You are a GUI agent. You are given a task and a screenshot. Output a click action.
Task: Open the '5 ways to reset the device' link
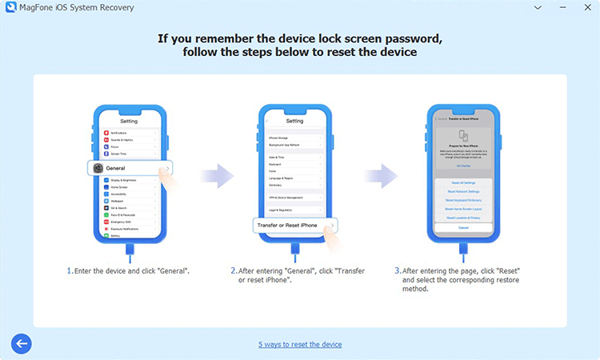tap(300, 344)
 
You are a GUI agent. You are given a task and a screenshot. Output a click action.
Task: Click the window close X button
tap(585, 8)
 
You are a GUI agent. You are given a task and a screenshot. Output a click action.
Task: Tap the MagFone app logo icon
tap(10, 8)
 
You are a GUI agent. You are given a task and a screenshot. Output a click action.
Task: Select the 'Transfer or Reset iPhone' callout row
tap(293, 226)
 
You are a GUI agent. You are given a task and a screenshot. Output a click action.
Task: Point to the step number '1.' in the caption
tap(70, 271)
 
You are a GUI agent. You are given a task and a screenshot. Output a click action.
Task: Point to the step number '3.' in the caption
tap(397, 271)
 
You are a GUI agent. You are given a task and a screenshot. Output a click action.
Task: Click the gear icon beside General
tap(98, 169)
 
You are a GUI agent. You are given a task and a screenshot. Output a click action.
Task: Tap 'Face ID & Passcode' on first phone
tap(123, 216)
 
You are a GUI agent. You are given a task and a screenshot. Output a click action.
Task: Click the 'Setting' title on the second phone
tap(294, 121)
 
